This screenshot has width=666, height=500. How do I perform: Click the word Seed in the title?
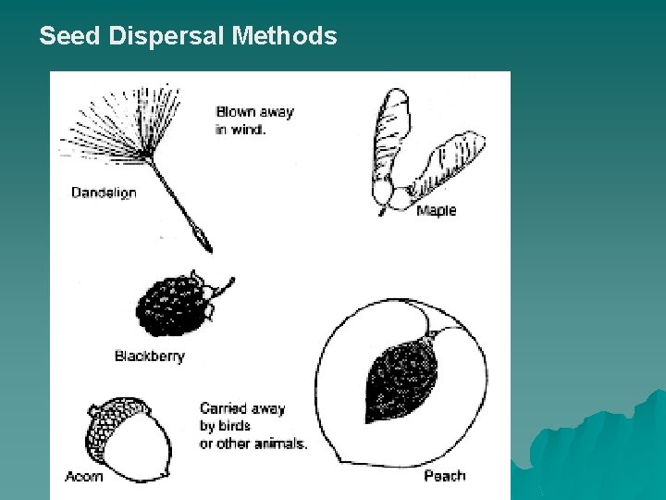click(71, 36)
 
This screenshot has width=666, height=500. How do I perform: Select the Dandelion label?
click(104, 193)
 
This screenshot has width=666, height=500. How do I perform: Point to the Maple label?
click(436, 211)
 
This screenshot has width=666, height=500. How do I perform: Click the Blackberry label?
click(149, 356)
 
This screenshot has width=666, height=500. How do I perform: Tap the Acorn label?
click(84, 477)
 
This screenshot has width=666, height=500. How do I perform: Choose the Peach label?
click(444, 476)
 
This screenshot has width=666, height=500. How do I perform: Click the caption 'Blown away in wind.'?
click(254, 120)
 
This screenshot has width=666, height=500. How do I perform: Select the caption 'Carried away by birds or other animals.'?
click(253, 426)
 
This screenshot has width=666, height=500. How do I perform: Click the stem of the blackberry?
click(224, 286)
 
